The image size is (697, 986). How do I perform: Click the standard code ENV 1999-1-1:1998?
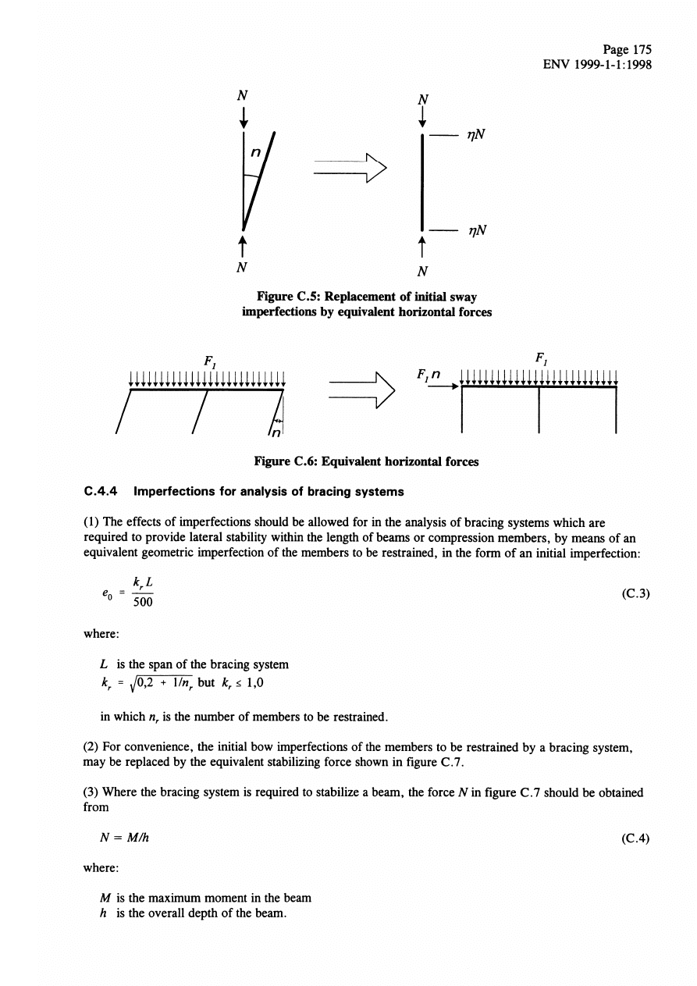[x=597, y=65]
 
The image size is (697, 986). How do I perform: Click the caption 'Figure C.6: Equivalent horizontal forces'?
[x=366, y=461]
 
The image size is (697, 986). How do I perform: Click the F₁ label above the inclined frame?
[x=208, y=365]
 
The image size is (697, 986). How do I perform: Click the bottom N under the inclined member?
[x=243, y=265]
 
